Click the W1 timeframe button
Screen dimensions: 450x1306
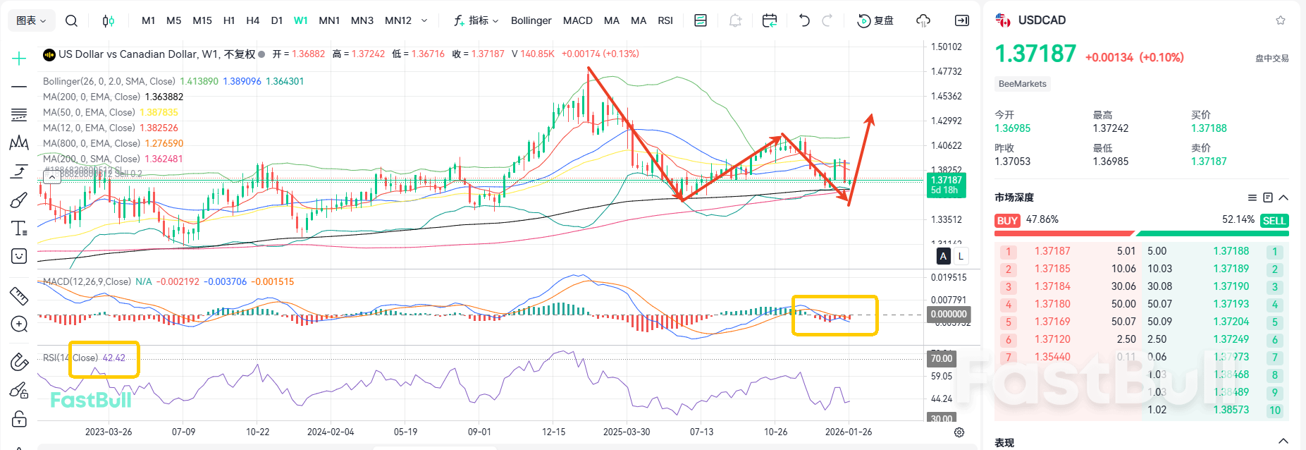pyautogui.click(x=300, y=20)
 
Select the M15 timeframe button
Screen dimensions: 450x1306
pyautogui.click(x=202, y=20)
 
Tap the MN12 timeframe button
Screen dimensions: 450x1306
pyautogui.click(x=398, y=20)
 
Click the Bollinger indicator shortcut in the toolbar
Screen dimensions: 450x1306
pyautogui.click(x=531, y=20)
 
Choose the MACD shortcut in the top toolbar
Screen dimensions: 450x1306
pyautogui.click(x=577, y=20)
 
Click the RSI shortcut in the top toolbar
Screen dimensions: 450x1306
pyautogui.click(x=665, y=20)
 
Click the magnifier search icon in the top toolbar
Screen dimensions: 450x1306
pyautogui.click(x=71, y=20)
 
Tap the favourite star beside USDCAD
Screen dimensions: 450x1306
pyautogui.click(x=1281, y=20)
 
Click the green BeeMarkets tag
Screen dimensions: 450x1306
pyautogui.click(x=1023, y=84)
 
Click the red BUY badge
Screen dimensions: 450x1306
pyautogui.click(x=1007, y=221)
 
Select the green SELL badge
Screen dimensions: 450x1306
pyautogui.click(x=1274, y=221)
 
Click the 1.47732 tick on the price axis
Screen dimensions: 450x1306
pyautogui.click(x=946, y=71)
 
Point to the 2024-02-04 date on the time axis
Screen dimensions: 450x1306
pyautogui.click(x=331, y=432)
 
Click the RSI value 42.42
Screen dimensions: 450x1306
pyautogui.click(x=114, y=358)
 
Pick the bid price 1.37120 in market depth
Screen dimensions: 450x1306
pyautogui.click(x=1052, y=339)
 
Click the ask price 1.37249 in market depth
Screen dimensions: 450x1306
pyautogui.click(x=1231, y=339)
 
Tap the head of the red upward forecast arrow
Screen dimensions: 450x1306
pyautogui.click(x=871, y=117)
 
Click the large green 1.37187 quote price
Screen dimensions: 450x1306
pyautogui.click(x=1035, y=54)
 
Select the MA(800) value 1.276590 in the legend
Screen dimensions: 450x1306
pyautogui.click(x=164, y=143)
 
